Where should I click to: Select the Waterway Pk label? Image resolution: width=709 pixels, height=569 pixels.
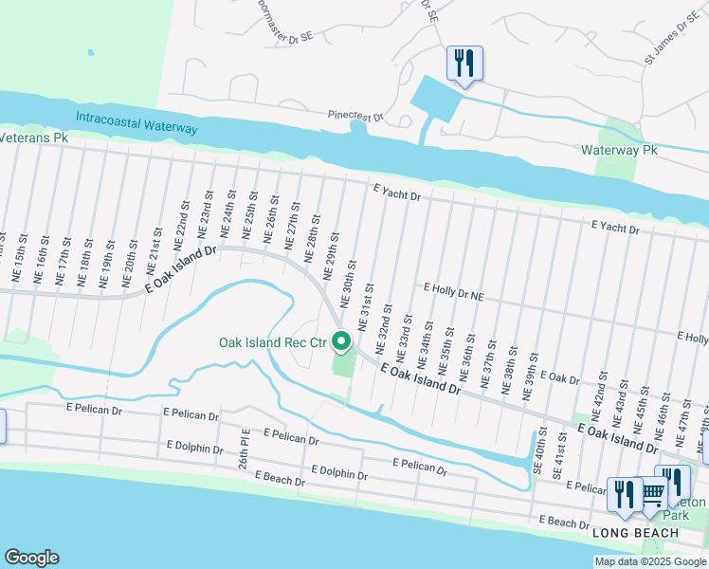pos(619,150)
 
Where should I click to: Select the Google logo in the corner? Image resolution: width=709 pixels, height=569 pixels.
pos(30,558)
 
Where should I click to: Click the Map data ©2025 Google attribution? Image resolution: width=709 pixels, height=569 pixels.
pos(649,561)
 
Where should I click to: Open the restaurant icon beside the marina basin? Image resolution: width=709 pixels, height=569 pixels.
pos(464,64)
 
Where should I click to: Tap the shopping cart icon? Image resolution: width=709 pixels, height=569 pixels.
pos(653,492)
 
